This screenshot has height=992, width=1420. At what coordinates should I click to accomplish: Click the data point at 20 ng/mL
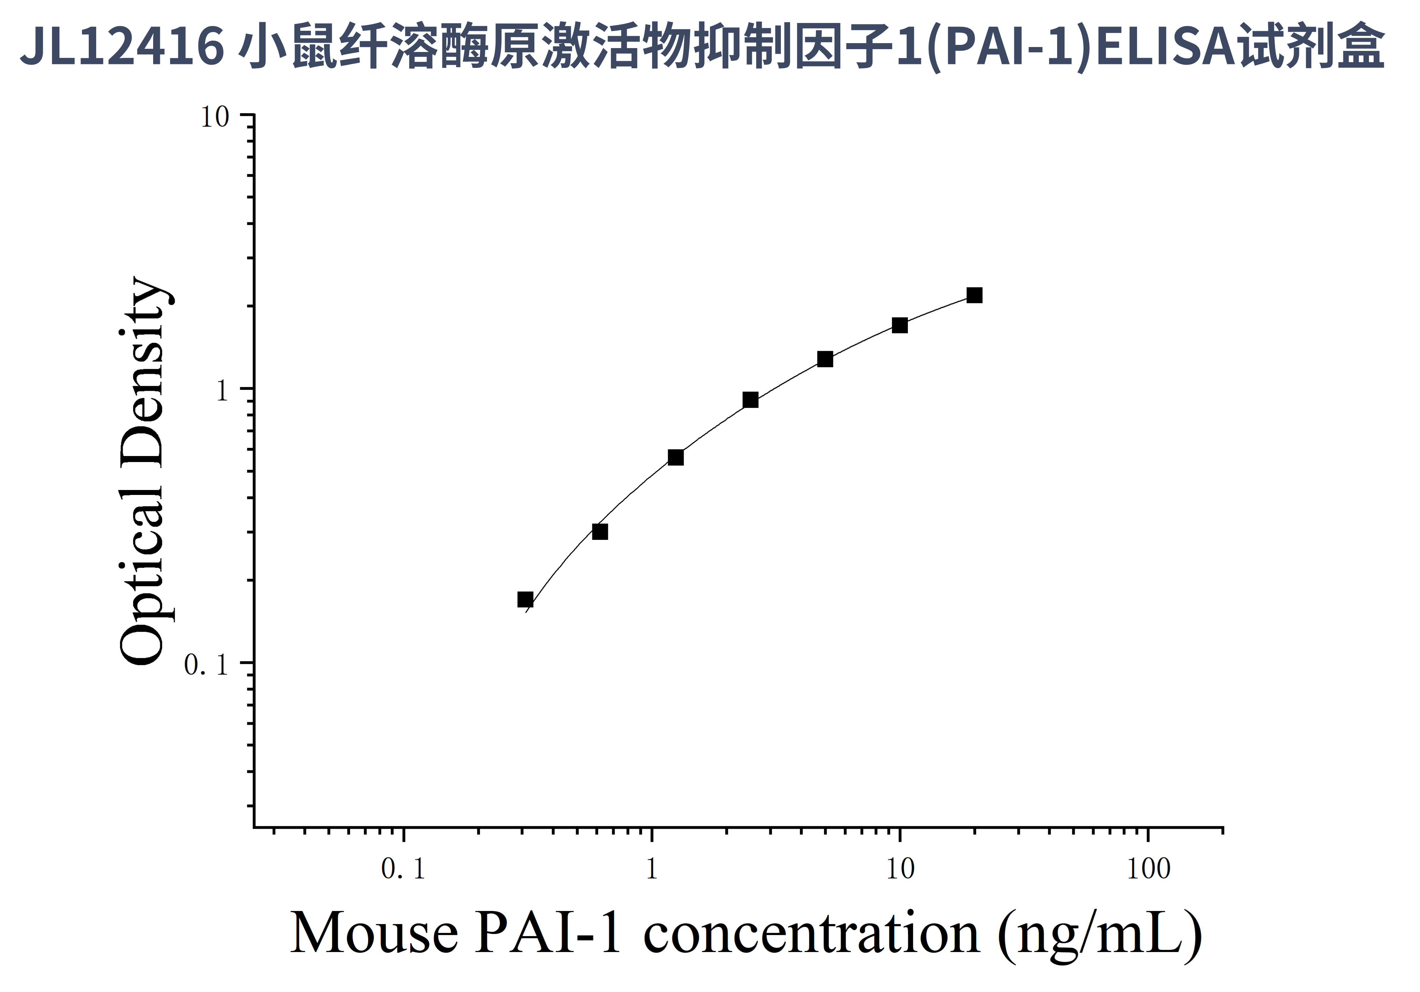pos(974,296)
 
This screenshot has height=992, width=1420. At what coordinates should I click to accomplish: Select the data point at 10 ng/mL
pos(900,325)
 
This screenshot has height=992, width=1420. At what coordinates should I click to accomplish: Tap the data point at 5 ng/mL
pos(825,359)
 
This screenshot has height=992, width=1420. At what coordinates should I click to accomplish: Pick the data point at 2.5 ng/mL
pos(750,400)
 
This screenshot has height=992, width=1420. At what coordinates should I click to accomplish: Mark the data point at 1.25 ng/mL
pos(676,457)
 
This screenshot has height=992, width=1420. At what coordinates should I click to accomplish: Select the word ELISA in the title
pos(1166,46)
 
